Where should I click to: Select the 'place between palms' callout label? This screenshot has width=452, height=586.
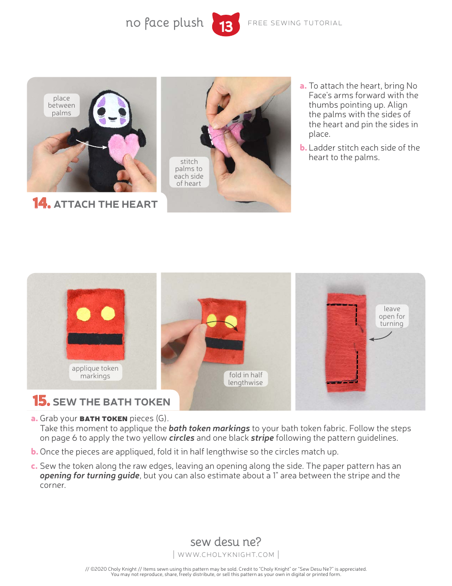click(x=61, y=106)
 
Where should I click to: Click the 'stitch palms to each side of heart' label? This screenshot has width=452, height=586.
click(x=189, y=172)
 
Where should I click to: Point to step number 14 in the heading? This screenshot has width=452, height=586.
click(x=41, y=203)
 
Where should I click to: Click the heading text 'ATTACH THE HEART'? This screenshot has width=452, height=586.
click(x=106, y=204)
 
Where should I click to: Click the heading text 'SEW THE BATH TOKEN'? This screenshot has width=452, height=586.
click(x=111, y=402)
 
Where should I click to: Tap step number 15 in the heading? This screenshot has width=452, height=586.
click(x=41, y=401)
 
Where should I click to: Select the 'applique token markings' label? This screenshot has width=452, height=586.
click(x=95, y=372)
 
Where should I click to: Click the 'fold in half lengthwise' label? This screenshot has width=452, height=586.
click(x=245, y=379)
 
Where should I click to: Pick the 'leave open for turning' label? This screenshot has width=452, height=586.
click(x=392, y=316)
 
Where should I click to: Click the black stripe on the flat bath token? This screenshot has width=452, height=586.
click(x=95, y=339)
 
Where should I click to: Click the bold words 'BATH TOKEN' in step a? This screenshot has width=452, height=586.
click(x=103, y=419)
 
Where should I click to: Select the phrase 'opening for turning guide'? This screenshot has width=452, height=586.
click(x=89, y=475)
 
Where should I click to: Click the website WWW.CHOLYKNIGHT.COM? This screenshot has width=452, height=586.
click(x=226, y=555)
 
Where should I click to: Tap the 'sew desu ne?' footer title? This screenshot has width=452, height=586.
click(x=226, y=542)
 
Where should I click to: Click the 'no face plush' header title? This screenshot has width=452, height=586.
click(x=165, y=23)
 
